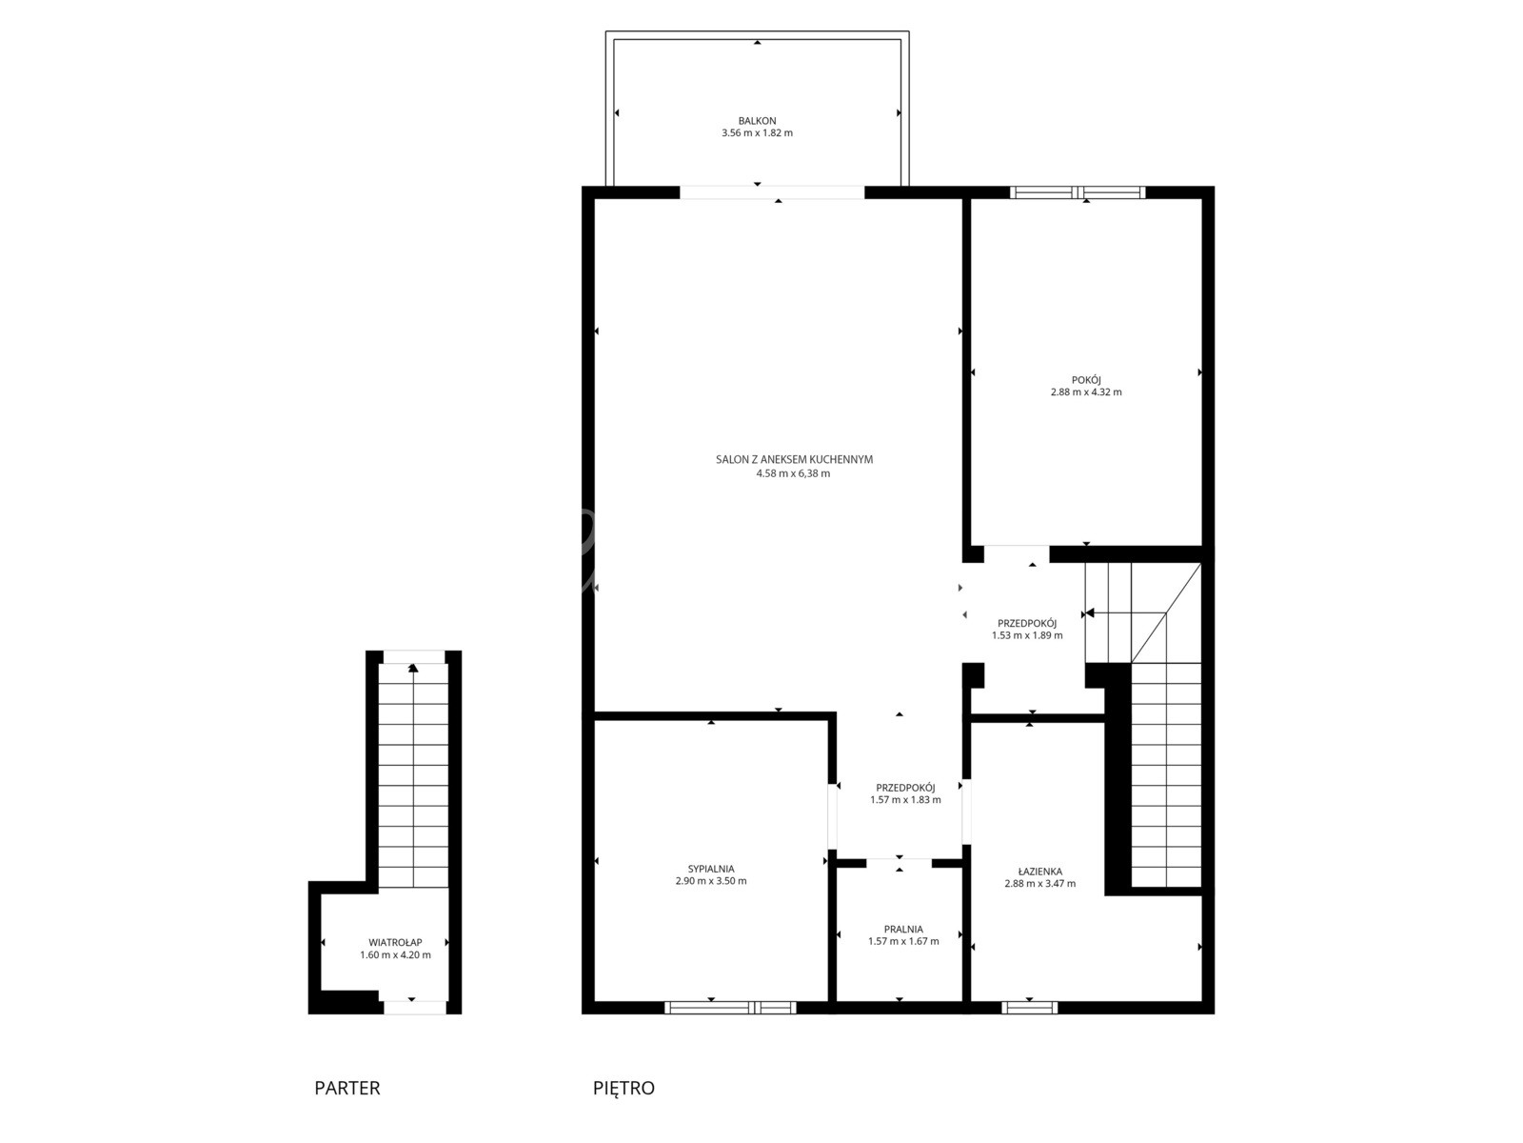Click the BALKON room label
757,121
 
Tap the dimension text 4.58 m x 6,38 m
793,474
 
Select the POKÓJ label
1086,380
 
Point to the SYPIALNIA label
710,869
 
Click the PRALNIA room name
903,930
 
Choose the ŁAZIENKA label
1040,872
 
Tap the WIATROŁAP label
395,942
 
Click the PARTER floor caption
346,1088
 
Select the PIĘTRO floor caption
623,1088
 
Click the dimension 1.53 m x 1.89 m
1027,635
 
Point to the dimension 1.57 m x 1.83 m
905,799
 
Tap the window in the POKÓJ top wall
1077,192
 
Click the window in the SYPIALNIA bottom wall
730,1008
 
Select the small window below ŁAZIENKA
1030,1008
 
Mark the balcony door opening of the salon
772,192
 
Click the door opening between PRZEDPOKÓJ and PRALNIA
900,863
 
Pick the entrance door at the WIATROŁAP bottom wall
415,1008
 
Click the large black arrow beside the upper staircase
1089,612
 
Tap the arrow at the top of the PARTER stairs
413,669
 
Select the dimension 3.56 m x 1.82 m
757,133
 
